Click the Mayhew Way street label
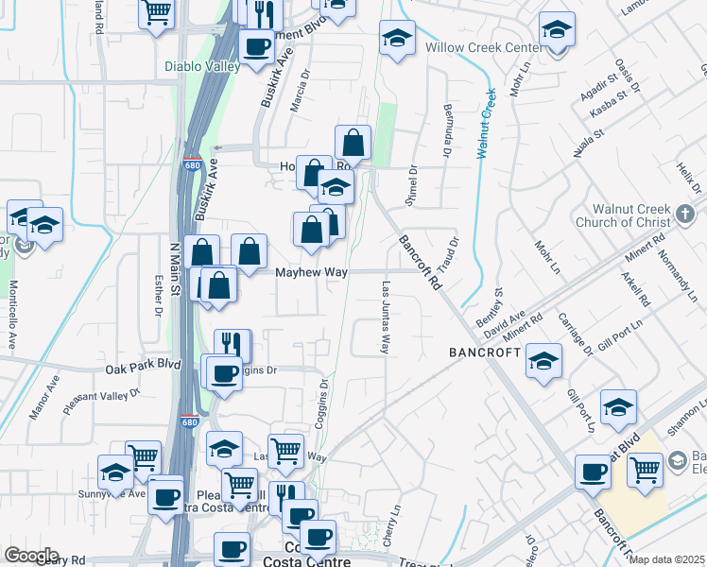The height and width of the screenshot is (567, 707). coord(311,272)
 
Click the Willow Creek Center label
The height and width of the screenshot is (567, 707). coord(475,47)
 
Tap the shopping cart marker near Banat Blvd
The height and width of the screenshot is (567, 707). coord(646,467)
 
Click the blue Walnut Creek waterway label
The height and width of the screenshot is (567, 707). coord(486,124)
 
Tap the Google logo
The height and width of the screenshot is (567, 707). coord(31,556)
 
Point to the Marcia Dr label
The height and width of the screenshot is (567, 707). coord(300,92)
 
